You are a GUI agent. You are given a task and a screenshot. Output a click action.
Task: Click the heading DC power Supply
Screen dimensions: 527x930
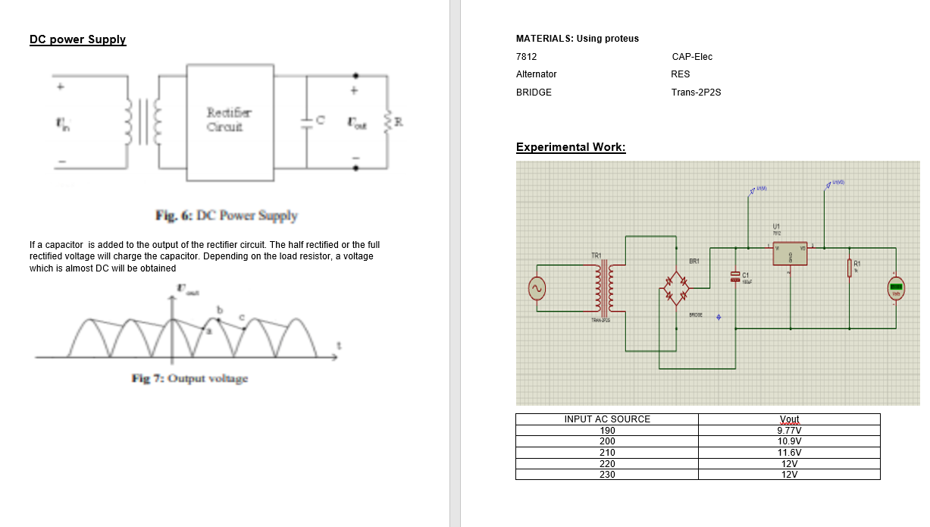tap(77, 39)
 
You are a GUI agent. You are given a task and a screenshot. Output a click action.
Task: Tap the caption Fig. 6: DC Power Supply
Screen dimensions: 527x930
tap(227, 215)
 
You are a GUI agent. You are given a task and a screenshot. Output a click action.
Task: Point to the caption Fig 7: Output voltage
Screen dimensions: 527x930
tap(189, 378)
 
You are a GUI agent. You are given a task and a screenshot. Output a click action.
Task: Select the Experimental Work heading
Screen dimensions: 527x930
tap(571, 147)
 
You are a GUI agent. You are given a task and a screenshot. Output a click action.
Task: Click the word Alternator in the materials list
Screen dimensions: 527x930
tap(536, 74)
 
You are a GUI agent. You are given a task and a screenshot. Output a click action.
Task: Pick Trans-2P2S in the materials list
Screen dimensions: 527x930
tap(696, 93)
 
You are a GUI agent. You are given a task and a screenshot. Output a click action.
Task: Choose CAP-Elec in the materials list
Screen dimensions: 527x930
tap(692, 57)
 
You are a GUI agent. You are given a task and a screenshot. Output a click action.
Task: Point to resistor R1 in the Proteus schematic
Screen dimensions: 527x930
tap(850, 267)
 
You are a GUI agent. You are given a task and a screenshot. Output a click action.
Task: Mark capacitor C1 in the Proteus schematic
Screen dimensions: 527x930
tap(734, 276)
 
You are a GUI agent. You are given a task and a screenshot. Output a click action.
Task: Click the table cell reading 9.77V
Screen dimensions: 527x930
tap(789, 430)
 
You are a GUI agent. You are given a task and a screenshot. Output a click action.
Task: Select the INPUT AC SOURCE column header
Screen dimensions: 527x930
tap(607, 419)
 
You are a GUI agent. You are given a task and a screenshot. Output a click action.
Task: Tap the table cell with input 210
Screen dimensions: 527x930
tap(607, 452)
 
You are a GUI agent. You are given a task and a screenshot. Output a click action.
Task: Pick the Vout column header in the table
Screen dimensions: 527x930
tap(789, 419)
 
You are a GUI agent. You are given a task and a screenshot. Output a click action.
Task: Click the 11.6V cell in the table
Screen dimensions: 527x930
tap(789, 452)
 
